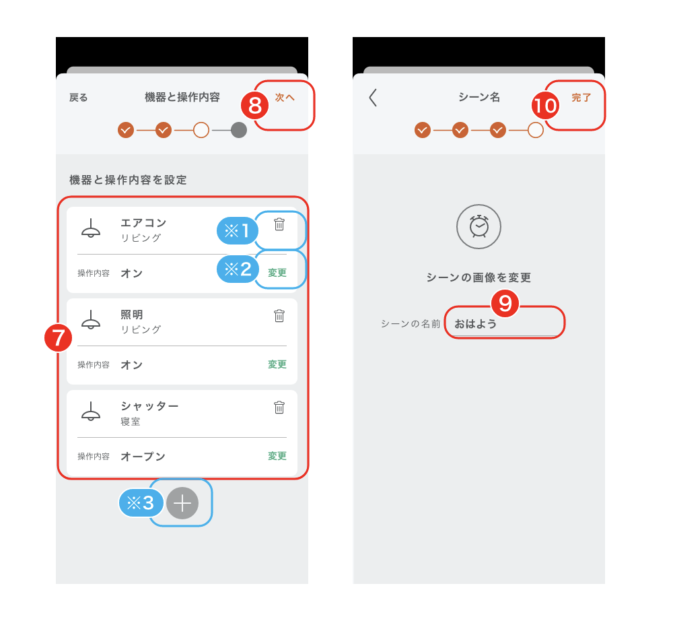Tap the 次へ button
pos(285,98)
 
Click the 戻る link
pos(79,98)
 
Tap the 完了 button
pos(581,98)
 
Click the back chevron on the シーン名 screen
pos(373,98)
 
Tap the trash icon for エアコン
pos(279,224)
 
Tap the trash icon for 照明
pos(279,316)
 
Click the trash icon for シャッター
pos(279,407)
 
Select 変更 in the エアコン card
pos(277,273)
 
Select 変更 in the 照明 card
pos(277,364)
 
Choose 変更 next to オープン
pos(277,456)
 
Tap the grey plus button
pos(182,503)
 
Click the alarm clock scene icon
pos(479,226)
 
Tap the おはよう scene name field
pos(505,324)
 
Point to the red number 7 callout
pos(58,337)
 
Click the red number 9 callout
pos(505,304)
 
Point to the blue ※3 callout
pos(141,503)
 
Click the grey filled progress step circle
pos(239,130)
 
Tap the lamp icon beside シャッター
pos(91,411)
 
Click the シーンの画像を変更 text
pos(479,277)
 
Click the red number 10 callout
pos(545,106)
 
